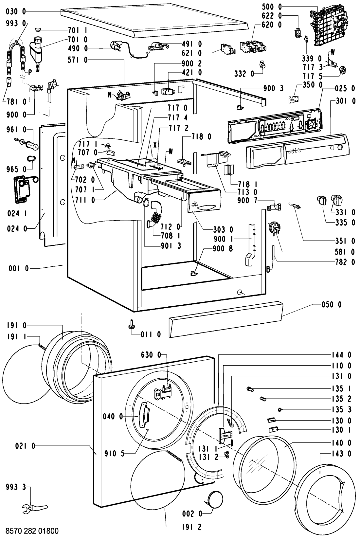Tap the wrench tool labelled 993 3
(x=35, y=499)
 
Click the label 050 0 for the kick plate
(x=331, y=305)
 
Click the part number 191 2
(x=191, y=527)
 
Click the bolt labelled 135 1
(x=250, y=389)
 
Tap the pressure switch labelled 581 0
(x=274, y=228)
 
